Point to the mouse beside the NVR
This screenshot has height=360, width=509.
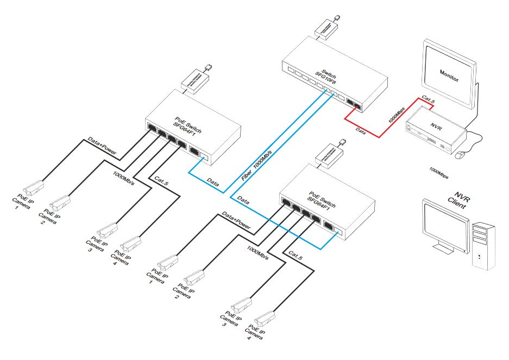coord(461,155)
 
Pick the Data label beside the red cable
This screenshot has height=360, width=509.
coord(361,131)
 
